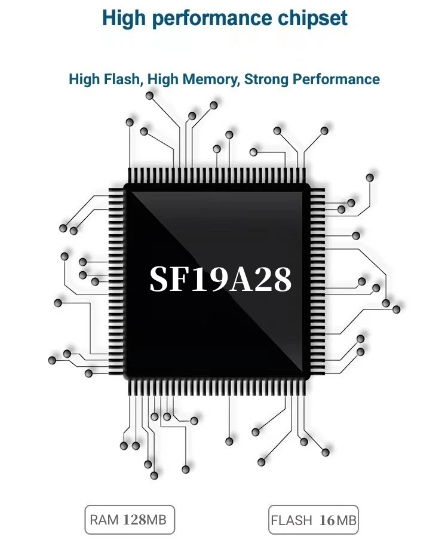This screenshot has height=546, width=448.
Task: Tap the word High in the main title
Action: [x=124, y=18]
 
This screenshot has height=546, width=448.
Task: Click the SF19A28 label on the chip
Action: [x=221, y=279]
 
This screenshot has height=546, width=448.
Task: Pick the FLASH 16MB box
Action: [x=314, y=520]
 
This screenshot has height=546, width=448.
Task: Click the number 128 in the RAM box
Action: [x=134, y=520]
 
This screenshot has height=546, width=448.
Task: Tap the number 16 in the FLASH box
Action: [x=327, y=520]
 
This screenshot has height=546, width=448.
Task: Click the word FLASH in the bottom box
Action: [x=291, y=520]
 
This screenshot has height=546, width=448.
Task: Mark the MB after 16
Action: [x=346, y=520]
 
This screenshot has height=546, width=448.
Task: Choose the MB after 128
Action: [x=156, y=520]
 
